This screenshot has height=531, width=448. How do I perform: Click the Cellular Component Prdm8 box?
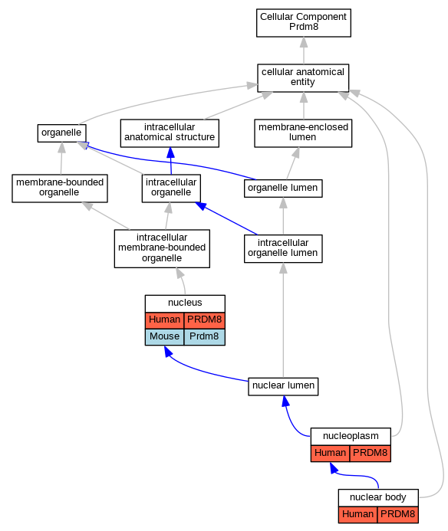[304, 23]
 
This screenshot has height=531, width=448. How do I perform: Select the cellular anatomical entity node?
[303, 78]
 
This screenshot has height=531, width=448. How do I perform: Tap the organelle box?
[61, 133]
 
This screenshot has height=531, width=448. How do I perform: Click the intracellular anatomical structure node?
[170, 133]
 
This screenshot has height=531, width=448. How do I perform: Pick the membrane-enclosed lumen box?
[303, 133]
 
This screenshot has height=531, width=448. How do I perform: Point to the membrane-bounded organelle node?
[60, 188]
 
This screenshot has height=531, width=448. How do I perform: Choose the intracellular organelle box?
[171, 188]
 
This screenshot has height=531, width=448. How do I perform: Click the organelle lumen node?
[283, 188]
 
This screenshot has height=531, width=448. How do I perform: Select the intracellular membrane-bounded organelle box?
[162, 248]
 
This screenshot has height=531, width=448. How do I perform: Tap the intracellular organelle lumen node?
[283, 248]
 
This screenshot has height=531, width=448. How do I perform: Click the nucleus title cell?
[185, 303]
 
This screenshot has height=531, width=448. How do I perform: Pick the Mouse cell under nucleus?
[164, 337]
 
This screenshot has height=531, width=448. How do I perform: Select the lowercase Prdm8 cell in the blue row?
[205, 337]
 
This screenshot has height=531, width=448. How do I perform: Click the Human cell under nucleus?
[164, 320]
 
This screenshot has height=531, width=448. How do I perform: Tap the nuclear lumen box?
[283, 386]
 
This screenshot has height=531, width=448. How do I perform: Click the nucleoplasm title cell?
[351, 436]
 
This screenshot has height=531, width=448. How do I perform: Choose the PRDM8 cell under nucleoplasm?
[371, 453]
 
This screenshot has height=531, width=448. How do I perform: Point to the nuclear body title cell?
[378, 497]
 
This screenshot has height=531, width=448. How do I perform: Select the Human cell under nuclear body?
[357, 514]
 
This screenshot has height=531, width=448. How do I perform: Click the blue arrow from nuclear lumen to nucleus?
[200, 371]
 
